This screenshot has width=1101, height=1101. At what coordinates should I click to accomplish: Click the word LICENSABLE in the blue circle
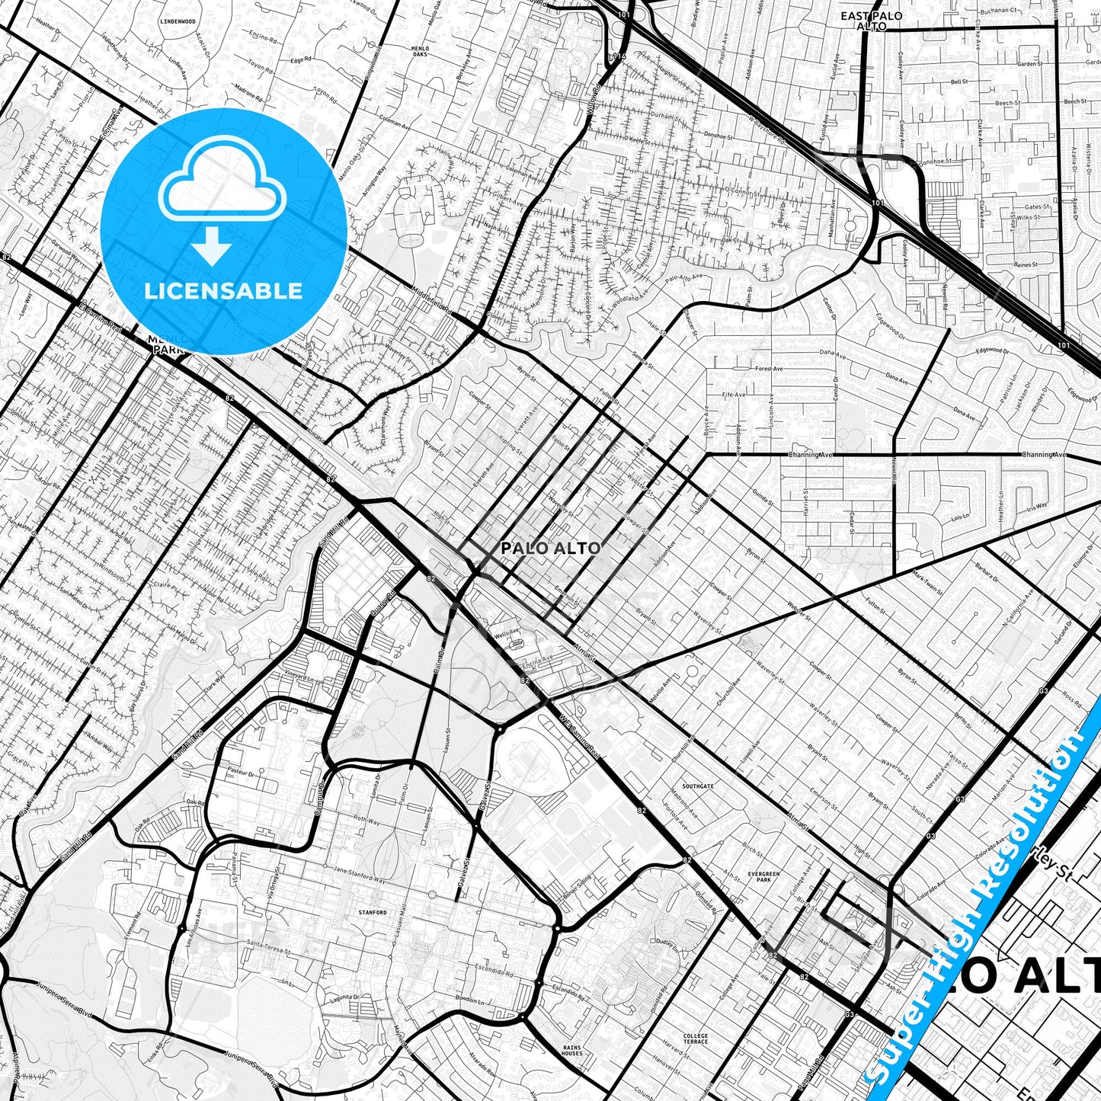223,290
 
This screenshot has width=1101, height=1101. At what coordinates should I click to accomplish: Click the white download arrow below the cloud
212,247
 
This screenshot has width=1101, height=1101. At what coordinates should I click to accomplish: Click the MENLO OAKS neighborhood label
420,51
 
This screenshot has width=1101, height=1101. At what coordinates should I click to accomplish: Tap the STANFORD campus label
373,912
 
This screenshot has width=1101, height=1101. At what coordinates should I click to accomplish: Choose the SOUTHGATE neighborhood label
698,786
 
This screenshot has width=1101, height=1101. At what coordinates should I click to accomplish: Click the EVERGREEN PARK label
763,876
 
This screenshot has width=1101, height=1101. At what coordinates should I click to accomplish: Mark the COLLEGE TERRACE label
696,1039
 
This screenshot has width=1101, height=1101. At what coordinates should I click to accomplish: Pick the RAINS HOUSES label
572,1050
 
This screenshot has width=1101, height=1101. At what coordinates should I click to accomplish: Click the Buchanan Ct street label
1000,11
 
